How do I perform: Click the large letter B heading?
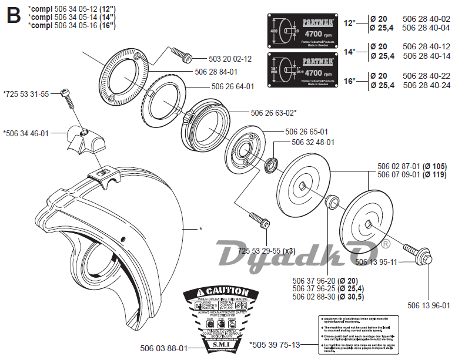(12, 14)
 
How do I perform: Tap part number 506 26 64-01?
(232, 86)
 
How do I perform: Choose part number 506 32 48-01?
(313, 142)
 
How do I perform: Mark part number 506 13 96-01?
(428, 305)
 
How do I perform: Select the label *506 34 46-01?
(25, 133)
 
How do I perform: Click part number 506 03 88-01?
(164, 348)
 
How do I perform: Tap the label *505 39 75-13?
(275, 345)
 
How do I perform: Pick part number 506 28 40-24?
(426, 85)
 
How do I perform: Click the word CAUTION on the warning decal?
(223, 291)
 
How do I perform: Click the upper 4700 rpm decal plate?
(302, 29)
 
